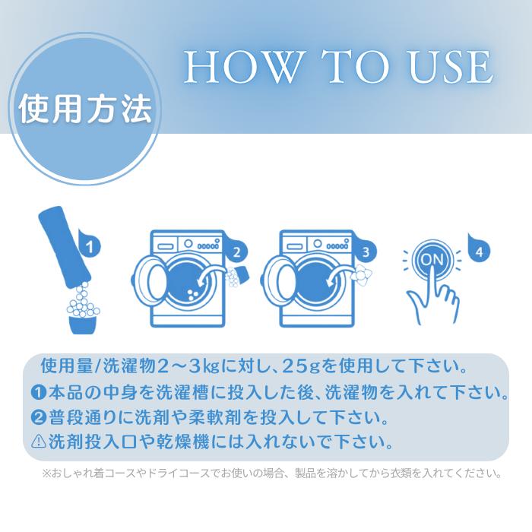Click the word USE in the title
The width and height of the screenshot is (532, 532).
[451, 67]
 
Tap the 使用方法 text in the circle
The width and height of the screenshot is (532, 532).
[85, 109]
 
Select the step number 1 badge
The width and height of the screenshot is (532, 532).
[89, 247]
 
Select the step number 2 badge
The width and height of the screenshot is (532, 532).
[236, 252]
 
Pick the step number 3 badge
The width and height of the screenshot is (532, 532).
[366, 252]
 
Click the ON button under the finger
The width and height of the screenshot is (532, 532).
[432, 260]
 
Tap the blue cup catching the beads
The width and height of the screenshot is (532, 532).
[83, 325]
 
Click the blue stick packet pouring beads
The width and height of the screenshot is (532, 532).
[65, 246]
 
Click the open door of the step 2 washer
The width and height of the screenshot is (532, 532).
[150, 280]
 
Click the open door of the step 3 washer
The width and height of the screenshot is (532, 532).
[279, 280]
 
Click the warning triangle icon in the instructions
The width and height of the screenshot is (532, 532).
[38, 441]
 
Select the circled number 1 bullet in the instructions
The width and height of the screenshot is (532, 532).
[38, 392]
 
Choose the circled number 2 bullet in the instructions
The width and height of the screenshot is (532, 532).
[38, 417]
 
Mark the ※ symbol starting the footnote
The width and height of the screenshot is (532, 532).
[46, 473]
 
